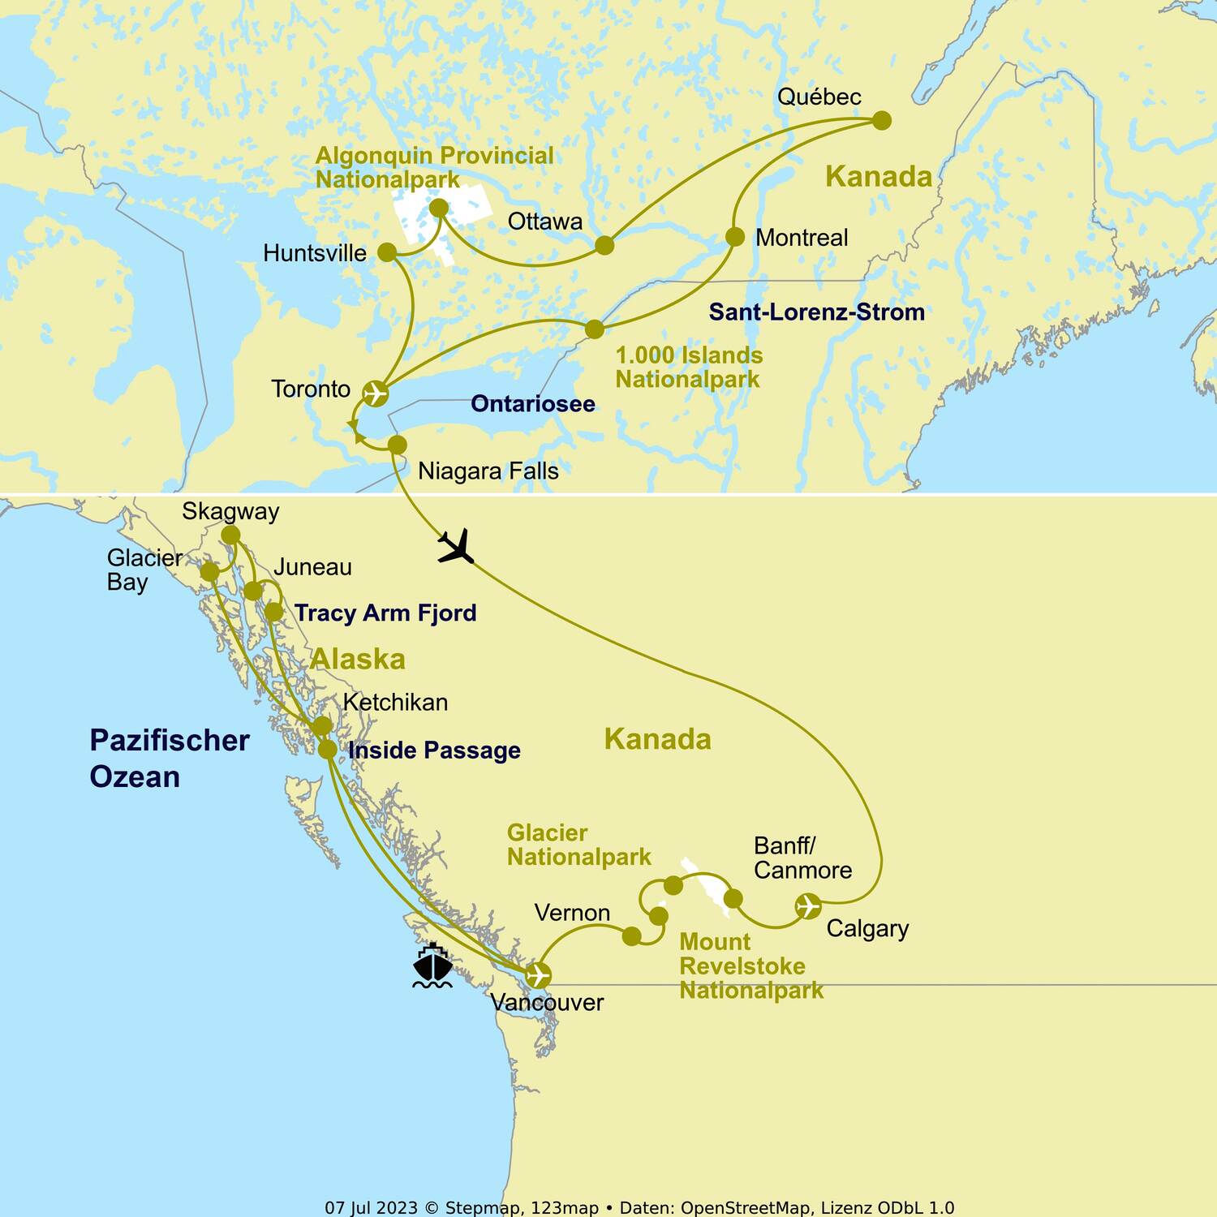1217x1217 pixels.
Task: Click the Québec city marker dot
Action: point(882,121)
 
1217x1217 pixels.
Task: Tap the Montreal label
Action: point(801,238)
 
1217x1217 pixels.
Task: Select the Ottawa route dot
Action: point(604,245)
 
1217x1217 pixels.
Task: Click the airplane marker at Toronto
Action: point(375,393)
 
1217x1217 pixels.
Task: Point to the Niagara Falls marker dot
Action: point(397,445)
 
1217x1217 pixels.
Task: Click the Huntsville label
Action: point(315,253)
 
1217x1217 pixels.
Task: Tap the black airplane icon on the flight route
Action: point(456,546)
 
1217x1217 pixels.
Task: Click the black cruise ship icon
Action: point(432,965)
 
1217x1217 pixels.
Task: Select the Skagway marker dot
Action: point(230,535)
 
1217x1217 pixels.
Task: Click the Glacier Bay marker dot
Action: point(209,572)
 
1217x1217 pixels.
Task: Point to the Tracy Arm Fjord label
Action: point(385,613)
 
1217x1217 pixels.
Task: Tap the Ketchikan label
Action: point(395,702)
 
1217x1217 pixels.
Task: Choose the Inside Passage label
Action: point(434,750)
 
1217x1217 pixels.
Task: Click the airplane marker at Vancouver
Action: point(538,974)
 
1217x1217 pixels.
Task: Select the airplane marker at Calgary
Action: point(808,905)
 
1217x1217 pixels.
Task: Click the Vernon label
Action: point(572,913)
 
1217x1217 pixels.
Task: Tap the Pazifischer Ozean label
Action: point(169,758)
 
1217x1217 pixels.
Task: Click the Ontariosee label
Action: point(533,403)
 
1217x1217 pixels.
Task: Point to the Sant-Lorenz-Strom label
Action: point(816,312)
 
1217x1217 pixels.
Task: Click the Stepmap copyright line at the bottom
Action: point(639,1207)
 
